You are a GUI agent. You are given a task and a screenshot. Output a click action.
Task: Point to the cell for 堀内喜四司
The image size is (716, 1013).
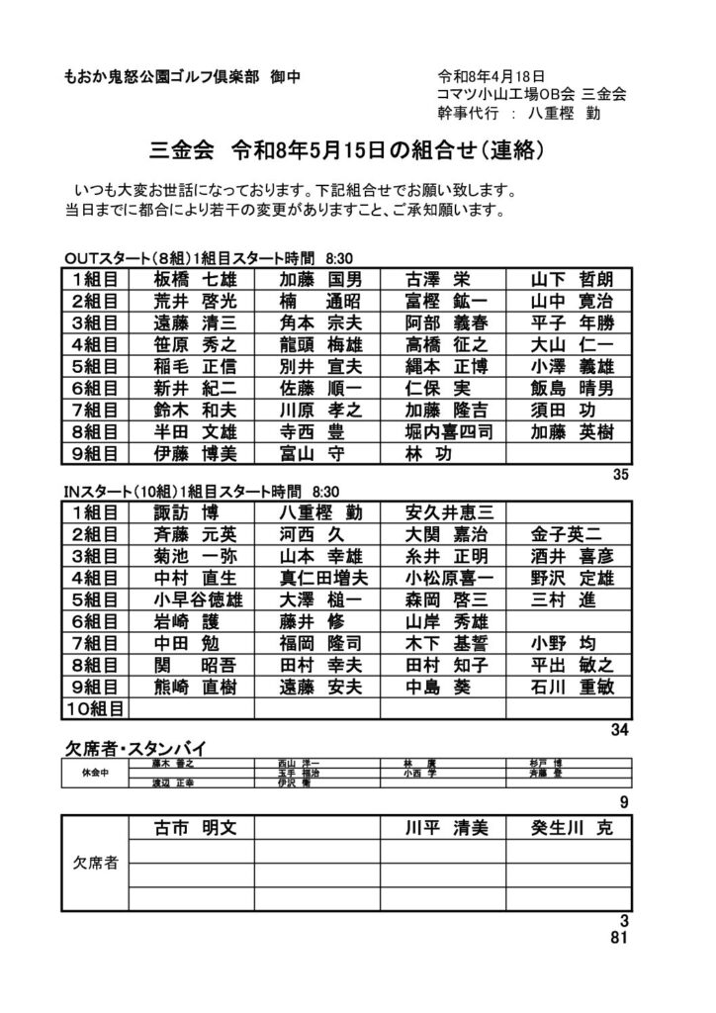446,431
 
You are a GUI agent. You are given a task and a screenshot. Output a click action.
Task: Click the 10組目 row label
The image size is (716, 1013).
95,707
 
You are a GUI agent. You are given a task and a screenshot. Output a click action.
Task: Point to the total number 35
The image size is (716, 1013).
621,475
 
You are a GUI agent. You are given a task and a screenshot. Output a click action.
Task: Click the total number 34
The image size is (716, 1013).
621,729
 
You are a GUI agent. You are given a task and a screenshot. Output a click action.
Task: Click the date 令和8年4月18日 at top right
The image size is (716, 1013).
492,76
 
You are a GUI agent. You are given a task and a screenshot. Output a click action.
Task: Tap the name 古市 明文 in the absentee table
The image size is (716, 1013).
194,827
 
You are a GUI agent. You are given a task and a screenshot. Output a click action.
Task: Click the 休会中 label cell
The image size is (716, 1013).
95,773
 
